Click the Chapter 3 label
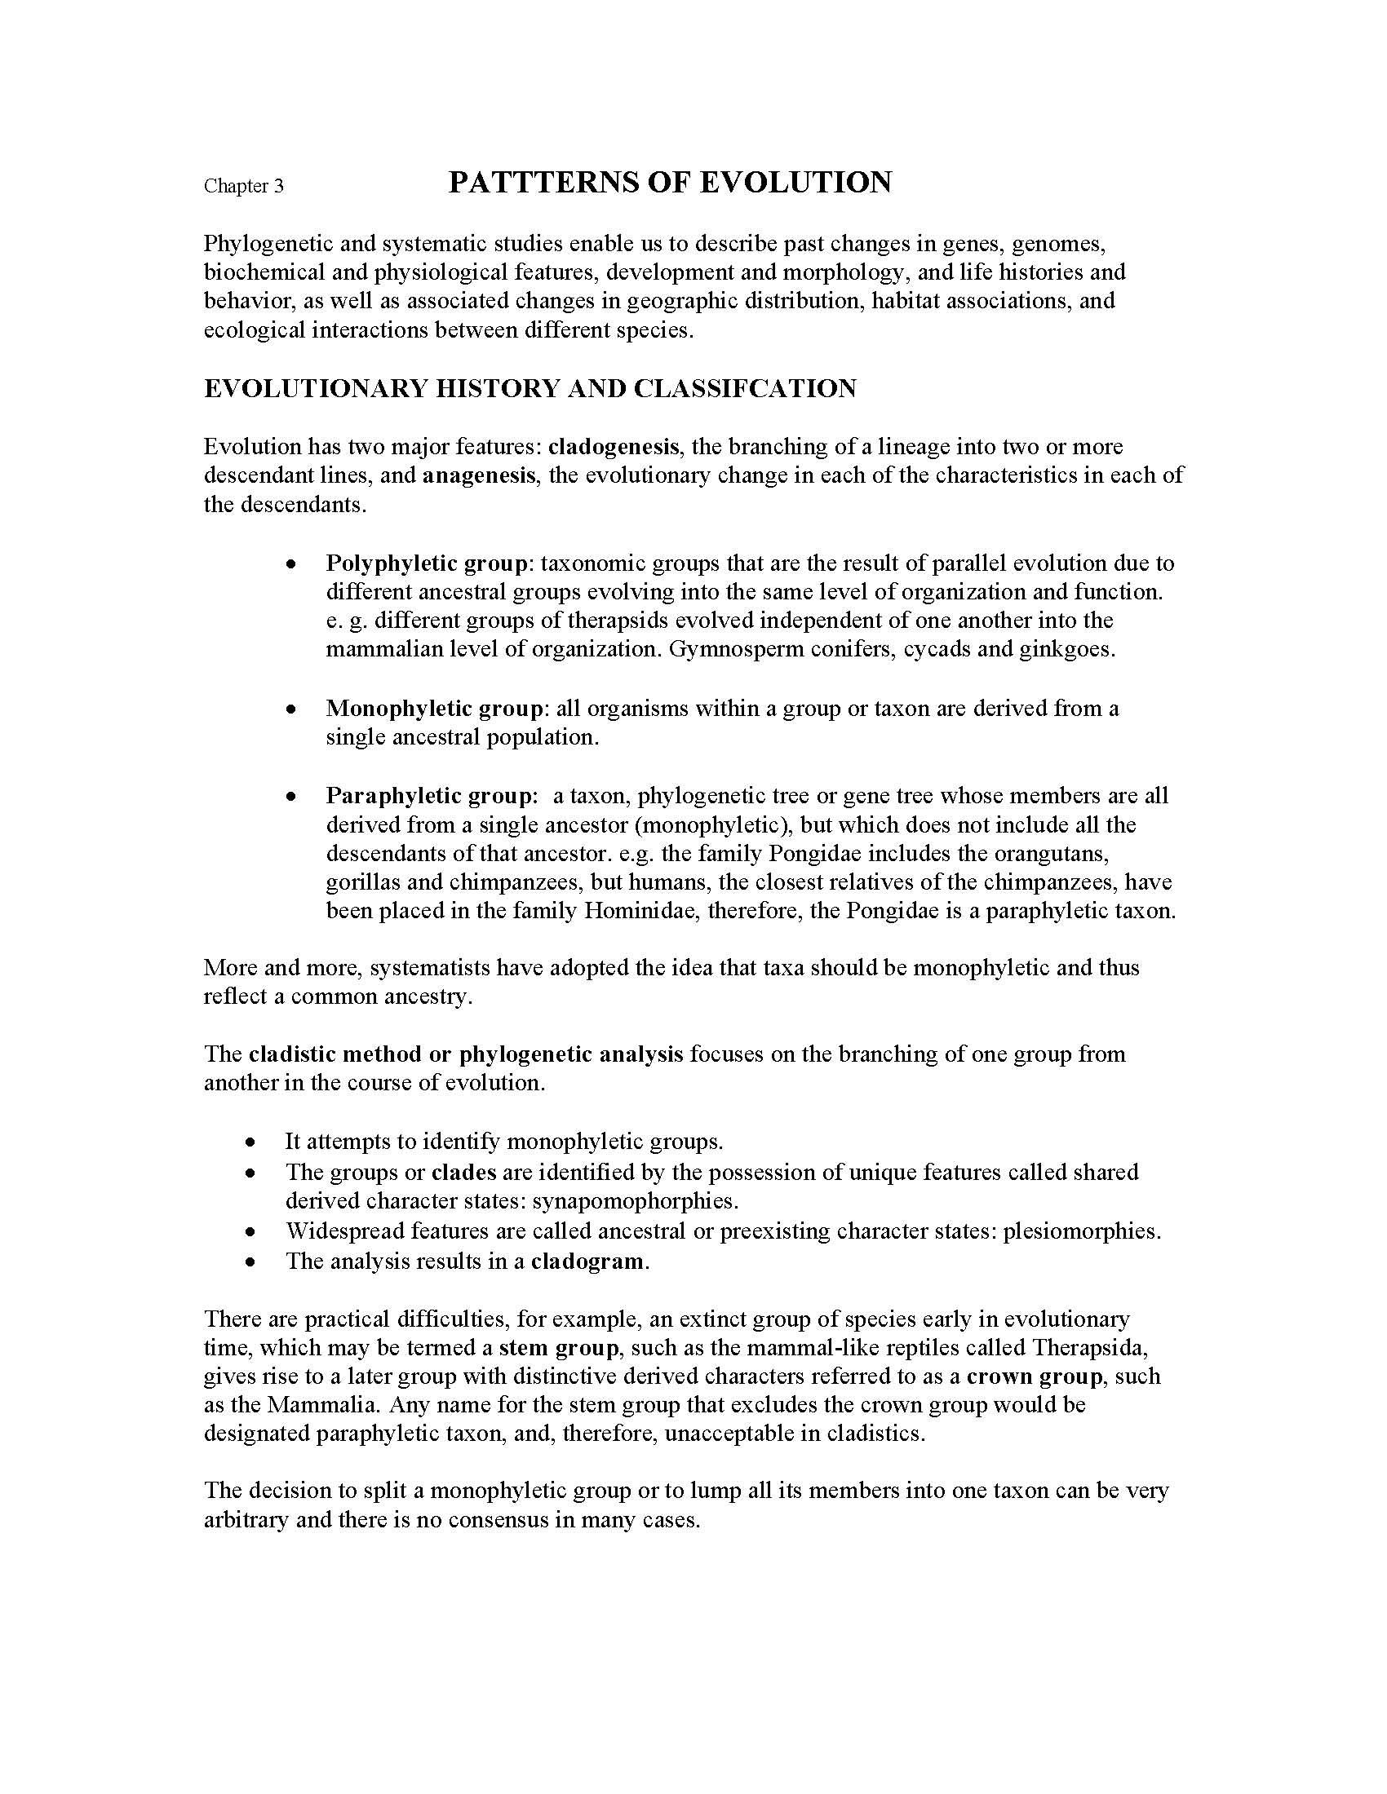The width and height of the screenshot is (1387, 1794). click(x=243, y=187)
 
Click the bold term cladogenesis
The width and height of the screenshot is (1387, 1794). click(x=613, y=447)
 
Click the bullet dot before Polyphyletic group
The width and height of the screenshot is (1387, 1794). click(x=290, y=564)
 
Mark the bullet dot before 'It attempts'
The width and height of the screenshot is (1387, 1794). click(x=250, y=1142)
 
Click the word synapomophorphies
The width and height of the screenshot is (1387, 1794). click(x=634, y=1201)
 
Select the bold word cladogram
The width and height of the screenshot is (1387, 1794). click(x=587, y=1261)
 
